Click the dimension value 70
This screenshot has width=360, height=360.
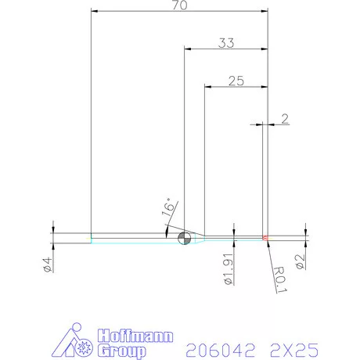click(x=179, y=5)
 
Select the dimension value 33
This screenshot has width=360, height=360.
click(x=226, y=44)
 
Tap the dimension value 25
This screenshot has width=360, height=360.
click(x=236, y=80)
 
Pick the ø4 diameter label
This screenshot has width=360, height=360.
click(x=47, y=264)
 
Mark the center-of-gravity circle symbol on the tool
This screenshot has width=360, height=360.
click(x=184, y=238)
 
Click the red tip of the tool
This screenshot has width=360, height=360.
click(x=265, y=237)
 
